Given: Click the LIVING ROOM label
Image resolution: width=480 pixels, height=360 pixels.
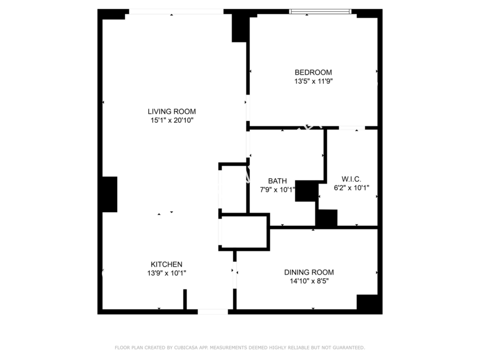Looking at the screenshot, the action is [x=172, y=111].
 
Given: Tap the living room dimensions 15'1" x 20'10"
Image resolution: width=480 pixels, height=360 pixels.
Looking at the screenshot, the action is [x=172, y=121].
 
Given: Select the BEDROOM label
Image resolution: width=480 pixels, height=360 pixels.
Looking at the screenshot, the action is [x=313, y=73].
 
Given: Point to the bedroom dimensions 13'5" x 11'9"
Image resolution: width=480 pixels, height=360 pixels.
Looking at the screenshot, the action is [x=314, y=82].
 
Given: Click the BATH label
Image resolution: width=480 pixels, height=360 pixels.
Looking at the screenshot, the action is [x=277, y=181].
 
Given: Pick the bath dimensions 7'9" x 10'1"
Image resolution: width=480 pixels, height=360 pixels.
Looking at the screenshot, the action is [x=277, y=190].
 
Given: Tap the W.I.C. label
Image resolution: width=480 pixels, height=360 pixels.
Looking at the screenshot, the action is [x=351, y=179].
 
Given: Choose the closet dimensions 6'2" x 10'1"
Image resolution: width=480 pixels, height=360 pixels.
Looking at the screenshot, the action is [x=351, y=188].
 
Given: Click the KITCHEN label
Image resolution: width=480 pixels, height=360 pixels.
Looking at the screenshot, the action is [x=166, y=264].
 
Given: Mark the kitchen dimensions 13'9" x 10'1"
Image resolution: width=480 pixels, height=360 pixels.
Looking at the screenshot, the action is [x=166, y=273].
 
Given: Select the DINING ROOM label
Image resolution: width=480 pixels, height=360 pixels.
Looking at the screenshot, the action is [x=309, y=272].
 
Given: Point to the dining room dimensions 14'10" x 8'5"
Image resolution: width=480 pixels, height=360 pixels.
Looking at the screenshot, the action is [x=309, y=281].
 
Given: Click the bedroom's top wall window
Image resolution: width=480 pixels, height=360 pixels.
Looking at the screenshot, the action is [x=320, y=12].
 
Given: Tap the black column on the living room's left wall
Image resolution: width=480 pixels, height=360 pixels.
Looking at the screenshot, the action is [x=109, y=194].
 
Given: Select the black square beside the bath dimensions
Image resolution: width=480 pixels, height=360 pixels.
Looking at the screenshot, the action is [x=307, y=191].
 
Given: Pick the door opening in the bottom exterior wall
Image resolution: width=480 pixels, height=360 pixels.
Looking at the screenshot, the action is [x=213, y=312].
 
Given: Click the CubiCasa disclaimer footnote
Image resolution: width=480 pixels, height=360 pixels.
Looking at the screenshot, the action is [x=239, y=347].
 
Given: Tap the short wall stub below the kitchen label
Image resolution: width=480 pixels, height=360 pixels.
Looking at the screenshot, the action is [x=185, y=299].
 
